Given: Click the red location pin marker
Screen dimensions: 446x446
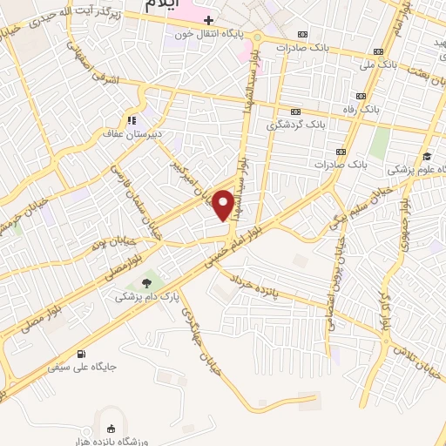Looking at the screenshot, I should [224, 206].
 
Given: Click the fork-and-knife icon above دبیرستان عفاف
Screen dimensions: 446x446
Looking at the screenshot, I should [131, 120].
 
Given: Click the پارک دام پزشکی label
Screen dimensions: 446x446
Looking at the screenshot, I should [148, 297].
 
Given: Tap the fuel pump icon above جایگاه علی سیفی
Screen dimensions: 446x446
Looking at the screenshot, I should [81, 354].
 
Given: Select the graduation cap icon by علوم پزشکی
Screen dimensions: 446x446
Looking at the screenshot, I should [426, 157].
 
